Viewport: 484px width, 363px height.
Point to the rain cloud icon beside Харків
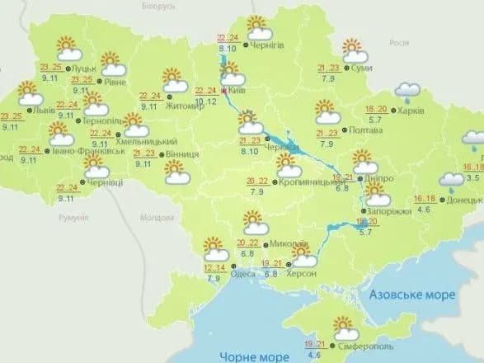click(x=406, y=92)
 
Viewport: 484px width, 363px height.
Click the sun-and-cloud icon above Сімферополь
click(x=341, y=328)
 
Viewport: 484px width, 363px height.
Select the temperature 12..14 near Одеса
click(x=215, y=269)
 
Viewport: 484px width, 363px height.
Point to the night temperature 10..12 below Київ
click(x=207, y=101)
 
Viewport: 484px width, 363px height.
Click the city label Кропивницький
click(x=309, y=181)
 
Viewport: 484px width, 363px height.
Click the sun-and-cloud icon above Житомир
click(x=175, y=80)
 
